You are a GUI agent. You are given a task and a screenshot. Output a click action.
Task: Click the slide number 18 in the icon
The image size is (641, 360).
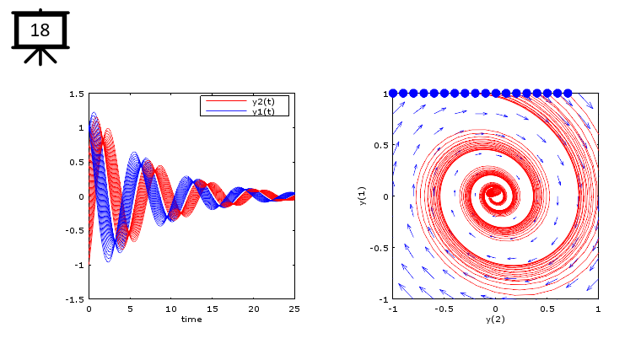(x=40, y=30)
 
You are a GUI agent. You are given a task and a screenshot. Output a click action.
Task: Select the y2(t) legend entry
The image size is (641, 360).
(x=263, y=101)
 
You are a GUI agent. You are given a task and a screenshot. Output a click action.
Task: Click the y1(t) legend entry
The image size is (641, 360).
(x=263, y=111)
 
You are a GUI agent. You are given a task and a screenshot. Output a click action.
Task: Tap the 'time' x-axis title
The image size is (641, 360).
(x=191, y=319)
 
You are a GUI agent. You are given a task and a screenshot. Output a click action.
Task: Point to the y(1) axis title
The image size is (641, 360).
(x=362, y=196)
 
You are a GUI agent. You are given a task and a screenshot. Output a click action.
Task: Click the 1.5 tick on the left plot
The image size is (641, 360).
(x=77, y=94)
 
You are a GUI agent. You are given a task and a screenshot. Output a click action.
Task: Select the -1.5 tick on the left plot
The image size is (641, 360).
(x=75, y=299)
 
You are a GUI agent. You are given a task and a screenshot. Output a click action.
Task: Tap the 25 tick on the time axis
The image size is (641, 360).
(x=294, y=309)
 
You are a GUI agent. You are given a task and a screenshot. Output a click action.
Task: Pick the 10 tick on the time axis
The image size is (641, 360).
(x=171, y=309)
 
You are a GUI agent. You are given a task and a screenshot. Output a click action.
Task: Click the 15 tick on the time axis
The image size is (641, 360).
(x=213, y=309)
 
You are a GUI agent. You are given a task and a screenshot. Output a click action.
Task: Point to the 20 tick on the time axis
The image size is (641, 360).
(x=253, y=309)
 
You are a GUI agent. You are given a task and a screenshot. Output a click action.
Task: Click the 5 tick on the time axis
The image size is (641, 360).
(x=130, y=309)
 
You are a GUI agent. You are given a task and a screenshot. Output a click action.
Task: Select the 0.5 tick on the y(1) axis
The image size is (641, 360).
(x=380, y=145)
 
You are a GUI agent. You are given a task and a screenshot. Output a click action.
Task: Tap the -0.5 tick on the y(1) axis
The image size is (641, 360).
(x=378, y=248)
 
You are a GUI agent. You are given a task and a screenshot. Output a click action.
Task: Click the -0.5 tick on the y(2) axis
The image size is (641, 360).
(x=443, y=309)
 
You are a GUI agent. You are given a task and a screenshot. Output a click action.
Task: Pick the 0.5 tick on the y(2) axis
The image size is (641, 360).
(x=547, y=309)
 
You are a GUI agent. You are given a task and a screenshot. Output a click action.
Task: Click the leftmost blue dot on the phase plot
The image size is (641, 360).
(x=393, y=94)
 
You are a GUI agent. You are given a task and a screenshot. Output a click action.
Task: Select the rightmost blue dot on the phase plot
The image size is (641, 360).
(x=568, y=94)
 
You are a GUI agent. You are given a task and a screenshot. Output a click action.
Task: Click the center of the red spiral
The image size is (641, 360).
(x=494, y=193)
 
